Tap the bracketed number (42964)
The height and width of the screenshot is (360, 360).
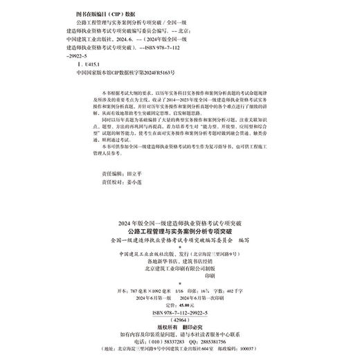tap(179, 322)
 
